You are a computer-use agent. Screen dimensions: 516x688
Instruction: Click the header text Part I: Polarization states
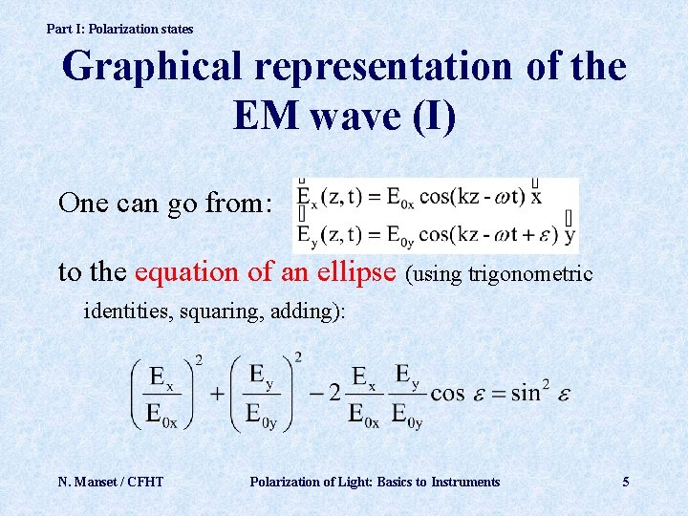point(119,29)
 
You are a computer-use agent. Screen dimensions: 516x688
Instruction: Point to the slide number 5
point(626,482)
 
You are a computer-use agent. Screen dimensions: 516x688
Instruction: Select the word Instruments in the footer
point(464,482)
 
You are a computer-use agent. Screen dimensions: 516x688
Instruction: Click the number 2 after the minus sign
point(334,393)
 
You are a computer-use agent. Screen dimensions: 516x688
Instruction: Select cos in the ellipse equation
point(447,393)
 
